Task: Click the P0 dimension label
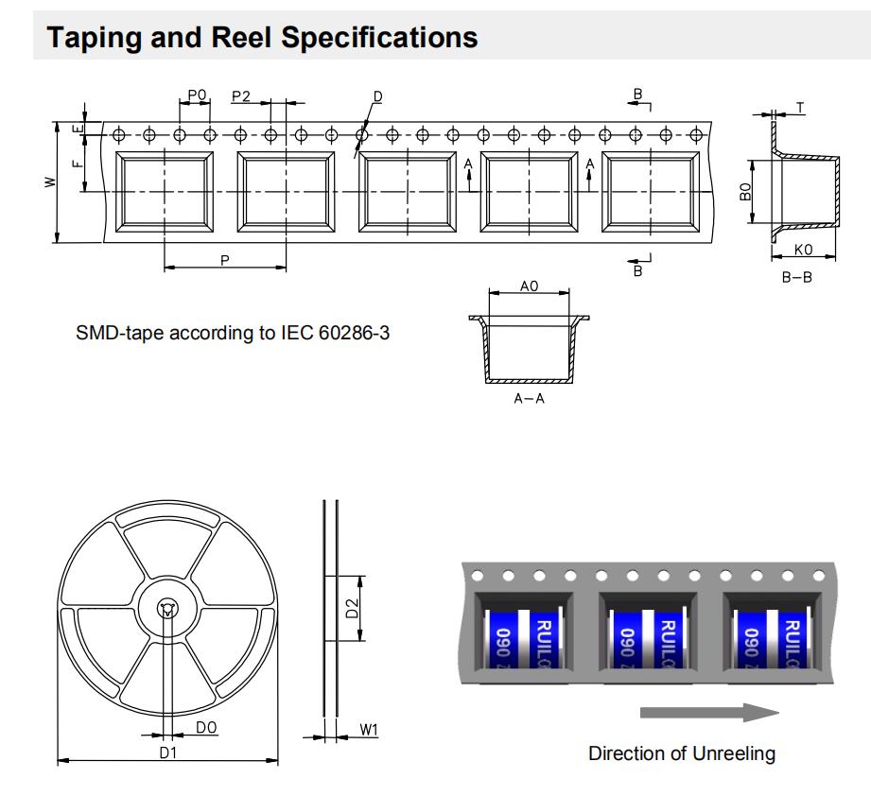[197, 95]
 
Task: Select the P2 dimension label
[241, 95]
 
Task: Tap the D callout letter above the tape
[377, 97]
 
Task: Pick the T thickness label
[800, 108]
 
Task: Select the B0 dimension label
[745, 192]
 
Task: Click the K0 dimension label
[804, 250]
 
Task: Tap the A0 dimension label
[530, 285]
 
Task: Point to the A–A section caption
[529, 399]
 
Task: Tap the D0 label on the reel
[206, 727]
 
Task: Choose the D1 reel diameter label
[168, 752]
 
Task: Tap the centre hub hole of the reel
[167, 610]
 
